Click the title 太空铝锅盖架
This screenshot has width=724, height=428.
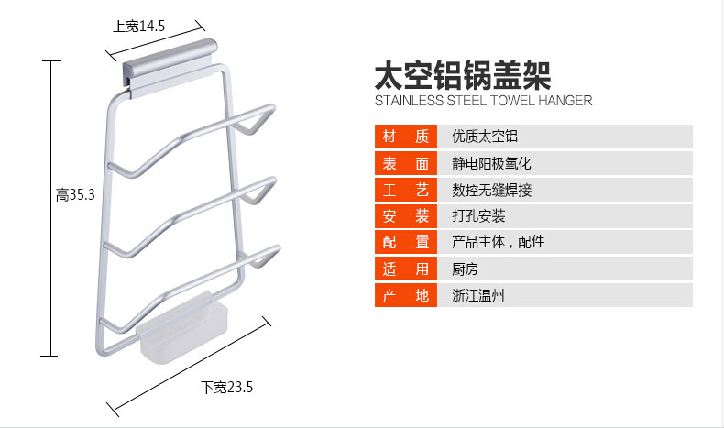coord(463,74)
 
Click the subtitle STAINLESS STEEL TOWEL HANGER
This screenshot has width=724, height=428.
coord(483,101)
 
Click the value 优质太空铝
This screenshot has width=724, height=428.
coord(485,137)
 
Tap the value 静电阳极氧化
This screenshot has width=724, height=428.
coord(491,163)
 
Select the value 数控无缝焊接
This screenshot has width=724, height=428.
coord(491,190)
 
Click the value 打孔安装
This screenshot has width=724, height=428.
coord(478,216)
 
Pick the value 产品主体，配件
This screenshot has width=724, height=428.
coord(498,243)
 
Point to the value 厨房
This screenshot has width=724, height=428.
coord(466,269)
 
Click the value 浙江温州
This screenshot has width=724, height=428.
coord(478,296)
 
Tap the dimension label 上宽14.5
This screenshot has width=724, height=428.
coord(138,27)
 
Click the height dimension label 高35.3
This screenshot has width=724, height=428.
coord(75,194)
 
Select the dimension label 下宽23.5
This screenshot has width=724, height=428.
coord(226,387)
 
